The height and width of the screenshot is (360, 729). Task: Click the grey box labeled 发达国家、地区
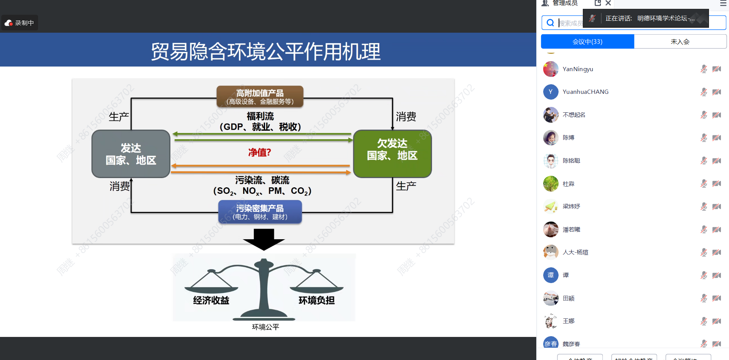click(x=131, y=154)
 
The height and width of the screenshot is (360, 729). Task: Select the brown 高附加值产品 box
click(x=260, y=96)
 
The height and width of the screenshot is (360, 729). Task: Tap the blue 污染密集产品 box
click(x=260, y=212)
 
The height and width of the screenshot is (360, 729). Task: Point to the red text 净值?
click(x=260, y=152)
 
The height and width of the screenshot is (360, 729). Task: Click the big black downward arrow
click(x=264, y=239)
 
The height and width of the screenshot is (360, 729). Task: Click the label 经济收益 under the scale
click(x=211, y=300)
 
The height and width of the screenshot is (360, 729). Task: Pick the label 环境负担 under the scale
click(x=317, y=300)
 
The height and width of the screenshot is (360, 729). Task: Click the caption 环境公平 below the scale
click(x=265, y=327)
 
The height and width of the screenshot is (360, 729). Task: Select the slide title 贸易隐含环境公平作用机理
click(x=265, y=51)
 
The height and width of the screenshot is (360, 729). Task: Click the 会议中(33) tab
click(x=587, y=42)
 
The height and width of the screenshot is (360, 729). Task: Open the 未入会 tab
click(x=680, y=42)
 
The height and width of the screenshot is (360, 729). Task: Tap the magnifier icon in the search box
click(x=551, y=23)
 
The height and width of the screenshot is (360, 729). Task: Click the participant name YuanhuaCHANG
click(x=586, y=92)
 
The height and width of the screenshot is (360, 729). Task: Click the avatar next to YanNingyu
click(x=551, y=69)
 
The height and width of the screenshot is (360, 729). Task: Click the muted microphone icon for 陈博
click(x=704, y=138)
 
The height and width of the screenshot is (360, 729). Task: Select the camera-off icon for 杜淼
click(x=716, y=184)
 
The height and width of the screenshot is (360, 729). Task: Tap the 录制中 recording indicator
click(x=20, y=23)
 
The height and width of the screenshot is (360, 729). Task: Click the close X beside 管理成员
click(x=608, y=3)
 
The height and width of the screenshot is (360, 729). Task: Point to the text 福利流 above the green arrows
click(x=260, y=116)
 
